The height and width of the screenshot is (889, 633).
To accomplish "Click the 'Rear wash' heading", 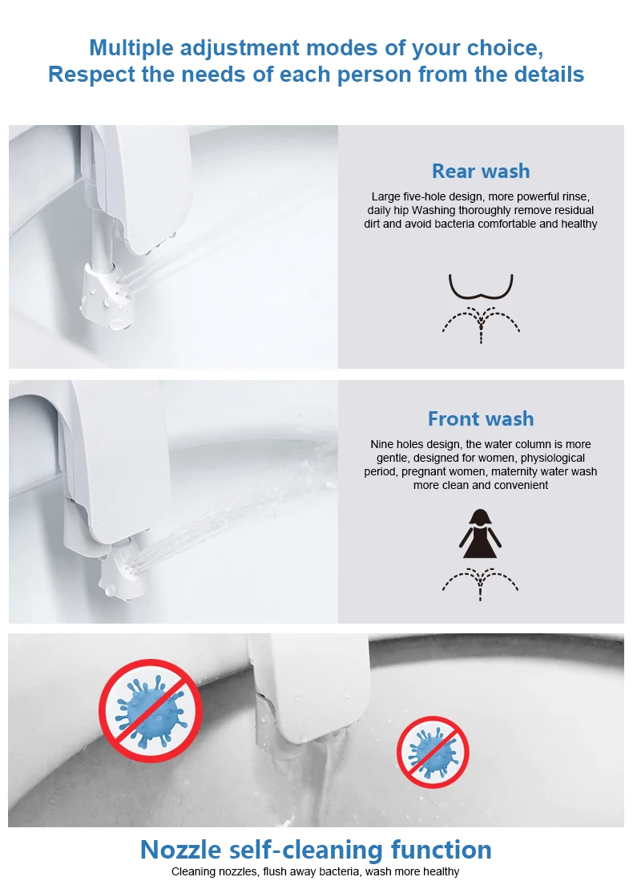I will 481,171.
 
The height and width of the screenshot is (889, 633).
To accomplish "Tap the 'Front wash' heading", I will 481,418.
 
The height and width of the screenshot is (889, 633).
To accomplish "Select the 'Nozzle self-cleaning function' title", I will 316,849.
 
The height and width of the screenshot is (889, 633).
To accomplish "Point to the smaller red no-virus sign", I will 433,752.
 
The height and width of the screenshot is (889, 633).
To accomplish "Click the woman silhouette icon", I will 480,535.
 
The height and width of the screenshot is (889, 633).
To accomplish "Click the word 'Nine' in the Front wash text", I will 382,444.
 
